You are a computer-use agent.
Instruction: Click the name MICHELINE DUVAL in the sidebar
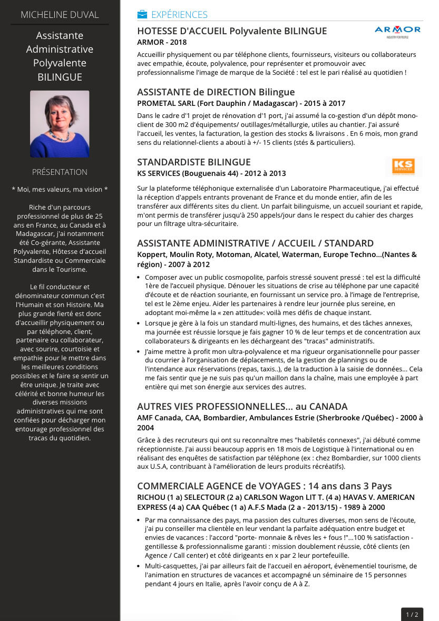[x=60, y=15]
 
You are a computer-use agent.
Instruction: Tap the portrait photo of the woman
[x=60, y=124]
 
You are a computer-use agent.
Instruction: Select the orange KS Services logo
[x=403, y=166]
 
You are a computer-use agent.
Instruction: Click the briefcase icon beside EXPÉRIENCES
[x=142, y=14]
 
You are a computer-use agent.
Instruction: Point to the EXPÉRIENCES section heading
[x=179, y=15]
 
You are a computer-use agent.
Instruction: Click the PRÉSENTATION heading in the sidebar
[x=60, y=172]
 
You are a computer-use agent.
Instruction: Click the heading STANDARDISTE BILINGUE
[x=194, y=162]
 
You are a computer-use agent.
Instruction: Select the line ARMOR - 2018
[x=162, y=42]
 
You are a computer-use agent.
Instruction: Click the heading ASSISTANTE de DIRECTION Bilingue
[x=216, y=92]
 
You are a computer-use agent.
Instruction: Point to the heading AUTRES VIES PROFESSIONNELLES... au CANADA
[x=242, y=407]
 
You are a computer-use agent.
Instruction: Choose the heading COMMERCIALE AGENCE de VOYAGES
[x=265, y=486]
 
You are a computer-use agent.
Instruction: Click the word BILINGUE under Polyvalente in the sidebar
[x=60, y=77]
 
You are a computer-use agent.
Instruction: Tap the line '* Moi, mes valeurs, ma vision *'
[x=60, y=190]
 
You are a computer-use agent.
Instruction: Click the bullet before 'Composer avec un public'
[x=139, y=277]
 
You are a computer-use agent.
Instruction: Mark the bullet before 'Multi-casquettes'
[x=139, y=566]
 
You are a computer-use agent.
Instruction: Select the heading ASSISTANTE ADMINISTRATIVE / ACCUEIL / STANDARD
[x=255, y=243]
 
